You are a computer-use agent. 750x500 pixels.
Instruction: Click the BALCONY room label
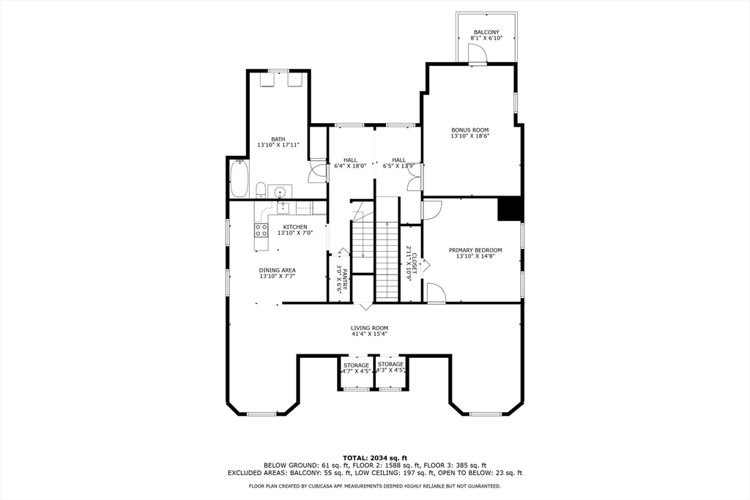point(486,32)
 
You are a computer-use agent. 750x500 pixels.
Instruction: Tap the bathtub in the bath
point(239,179)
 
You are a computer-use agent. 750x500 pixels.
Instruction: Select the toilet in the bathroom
point(261,190)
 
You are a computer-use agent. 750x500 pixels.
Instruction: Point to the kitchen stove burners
point(261,231)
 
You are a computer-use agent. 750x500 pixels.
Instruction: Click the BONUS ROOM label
point(469,130)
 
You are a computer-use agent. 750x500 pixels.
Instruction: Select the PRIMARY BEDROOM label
point(475,250)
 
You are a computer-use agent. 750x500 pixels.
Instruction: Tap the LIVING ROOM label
point(369,328)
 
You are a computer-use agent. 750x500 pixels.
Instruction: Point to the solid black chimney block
point(510,209)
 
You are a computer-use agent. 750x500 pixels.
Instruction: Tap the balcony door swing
point(477,53)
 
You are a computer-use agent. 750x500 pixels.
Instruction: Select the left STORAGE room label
point(356,365)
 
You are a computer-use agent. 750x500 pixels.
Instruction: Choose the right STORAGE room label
point(390,365)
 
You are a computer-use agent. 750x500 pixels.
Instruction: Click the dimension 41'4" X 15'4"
point(369,334)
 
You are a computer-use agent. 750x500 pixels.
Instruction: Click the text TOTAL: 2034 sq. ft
point(374,458)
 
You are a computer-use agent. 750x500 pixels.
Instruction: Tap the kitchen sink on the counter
point(283,207)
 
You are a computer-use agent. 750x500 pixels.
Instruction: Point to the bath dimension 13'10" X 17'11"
point(278,144)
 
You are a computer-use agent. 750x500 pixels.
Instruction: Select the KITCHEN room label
point(295,227)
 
